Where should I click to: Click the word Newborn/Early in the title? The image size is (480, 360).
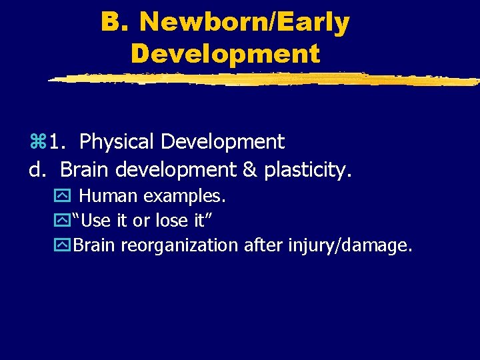tap(245, 23)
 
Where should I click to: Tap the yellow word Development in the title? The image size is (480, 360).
tap(225, 53)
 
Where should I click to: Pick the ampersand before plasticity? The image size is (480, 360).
tap(249, 170)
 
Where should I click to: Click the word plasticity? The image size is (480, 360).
tap(307, 170)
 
